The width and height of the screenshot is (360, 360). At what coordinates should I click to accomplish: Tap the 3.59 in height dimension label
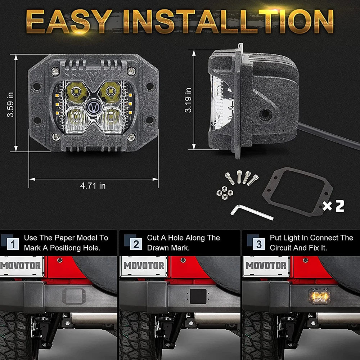point(10,105)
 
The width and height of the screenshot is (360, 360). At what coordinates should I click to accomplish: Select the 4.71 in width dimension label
point(93,185)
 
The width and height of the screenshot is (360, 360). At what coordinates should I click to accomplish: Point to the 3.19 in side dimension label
point(188,100)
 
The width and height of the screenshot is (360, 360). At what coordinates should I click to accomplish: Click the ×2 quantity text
point(333,206)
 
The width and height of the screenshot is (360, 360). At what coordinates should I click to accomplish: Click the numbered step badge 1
point(13,244)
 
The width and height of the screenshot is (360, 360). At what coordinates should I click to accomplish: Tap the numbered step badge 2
point(136,244)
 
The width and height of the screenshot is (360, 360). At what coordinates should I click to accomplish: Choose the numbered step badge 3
point(259,244)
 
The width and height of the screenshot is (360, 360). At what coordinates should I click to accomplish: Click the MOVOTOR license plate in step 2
point(144,266)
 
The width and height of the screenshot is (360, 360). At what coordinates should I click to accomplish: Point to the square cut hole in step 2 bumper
point(198,296)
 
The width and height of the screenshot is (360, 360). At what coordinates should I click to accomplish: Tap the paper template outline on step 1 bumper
point(74,296)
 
